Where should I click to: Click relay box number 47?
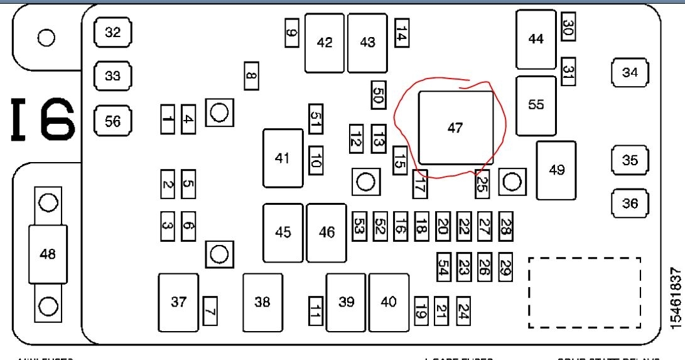point(456,128)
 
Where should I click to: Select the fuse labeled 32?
point(112,33)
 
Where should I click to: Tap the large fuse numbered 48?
point(48,254)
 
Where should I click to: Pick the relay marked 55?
point(536,106)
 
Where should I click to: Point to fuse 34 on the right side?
point(630,72)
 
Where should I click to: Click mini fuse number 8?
point(251,77)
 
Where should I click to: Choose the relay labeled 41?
point(283,158)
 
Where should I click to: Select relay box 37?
point(178,303)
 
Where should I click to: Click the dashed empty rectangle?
point(585,292)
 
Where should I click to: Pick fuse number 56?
point(112,121)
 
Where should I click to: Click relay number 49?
point(556,170)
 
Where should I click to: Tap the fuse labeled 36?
point(630,203)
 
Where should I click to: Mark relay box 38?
point(262,303)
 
